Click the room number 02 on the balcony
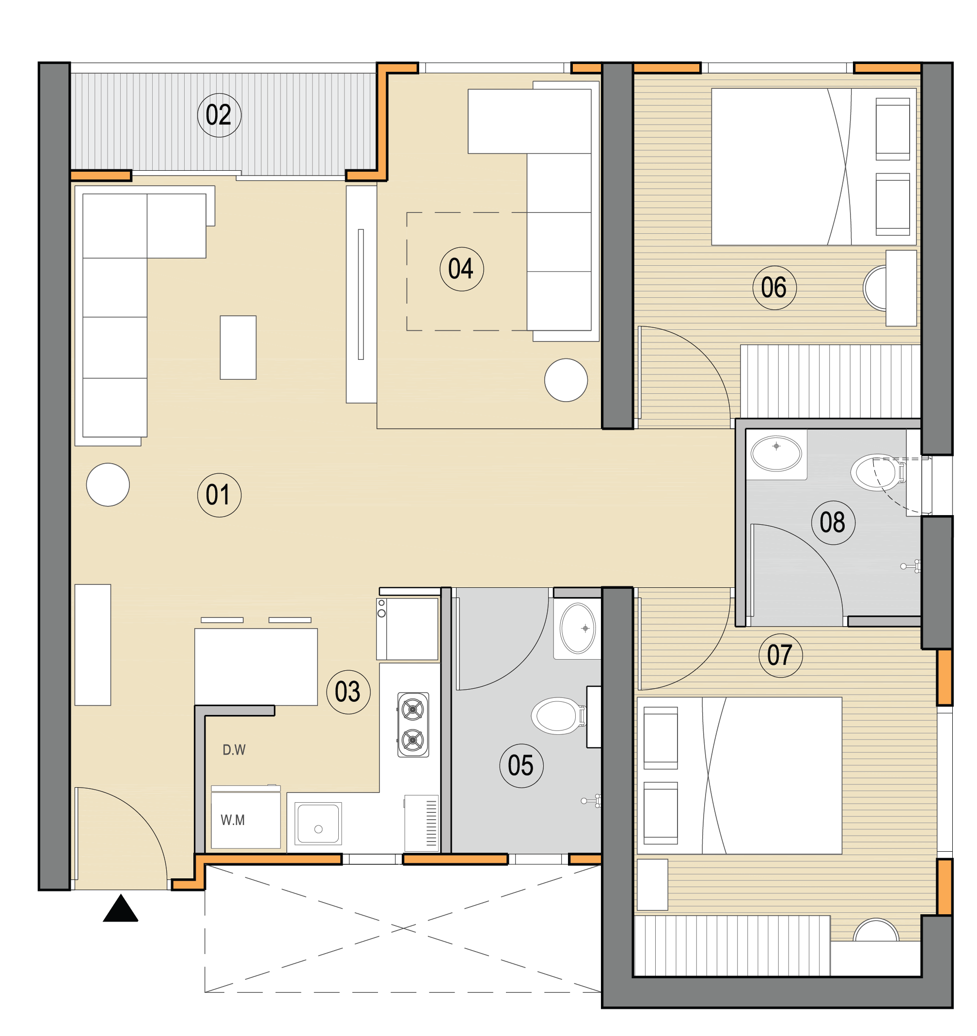(x=219, y=115)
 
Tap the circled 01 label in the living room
(x=219, y=495)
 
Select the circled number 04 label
(x=462, y=269)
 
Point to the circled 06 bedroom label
(x=774, y=288)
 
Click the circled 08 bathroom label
(x=833, y=523)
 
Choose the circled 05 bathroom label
(x=521, y=765)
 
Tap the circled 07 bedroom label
(x=781, y=656)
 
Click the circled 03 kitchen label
(x=348, y=692)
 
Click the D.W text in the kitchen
(x=234, y=750)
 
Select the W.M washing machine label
(x=233, y=820)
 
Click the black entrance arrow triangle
(x=120, y=908)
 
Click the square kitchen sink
(x=318, y=824)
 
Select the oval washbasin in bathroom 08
(x=776, y=453)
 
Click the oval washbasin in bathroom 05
(x=578, y=628)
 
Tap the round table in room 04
(x=566, y=380)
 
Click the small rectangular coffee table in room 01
(x=238, y=348)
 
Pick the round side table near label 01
(x=108, y=485)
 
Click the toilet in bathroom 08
(x=879, y=472)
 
